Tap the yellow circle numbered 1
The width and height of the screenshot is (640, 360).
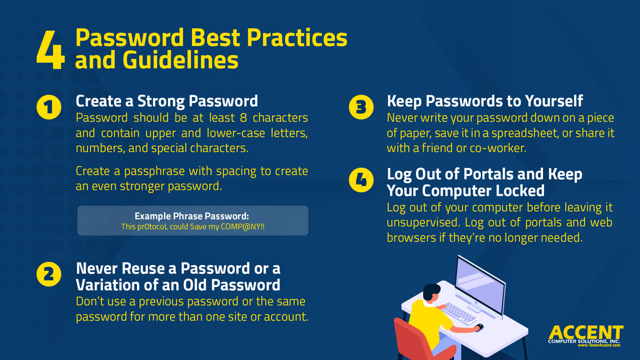pos(49,108)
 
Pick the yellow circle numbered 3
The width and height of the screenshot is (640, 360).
pos(361,108)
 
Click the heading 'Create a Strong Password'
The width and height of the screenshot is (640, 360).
pos(167,101)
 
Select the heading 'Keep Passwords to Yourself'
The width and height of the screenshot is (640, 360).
pos(485,101)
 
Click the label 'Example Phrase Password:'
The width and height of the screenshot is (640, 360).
pos(192,216)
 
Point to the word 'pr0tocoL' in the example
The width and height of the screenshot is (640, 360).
pos(151,226)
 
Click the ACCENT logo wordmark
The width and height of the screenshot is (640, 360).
pos(585,332)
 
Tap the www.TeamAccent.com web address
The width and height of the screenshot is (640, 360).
pos(599,346)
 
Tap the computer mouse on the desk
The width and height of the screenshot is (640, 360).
pos(479,326)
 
